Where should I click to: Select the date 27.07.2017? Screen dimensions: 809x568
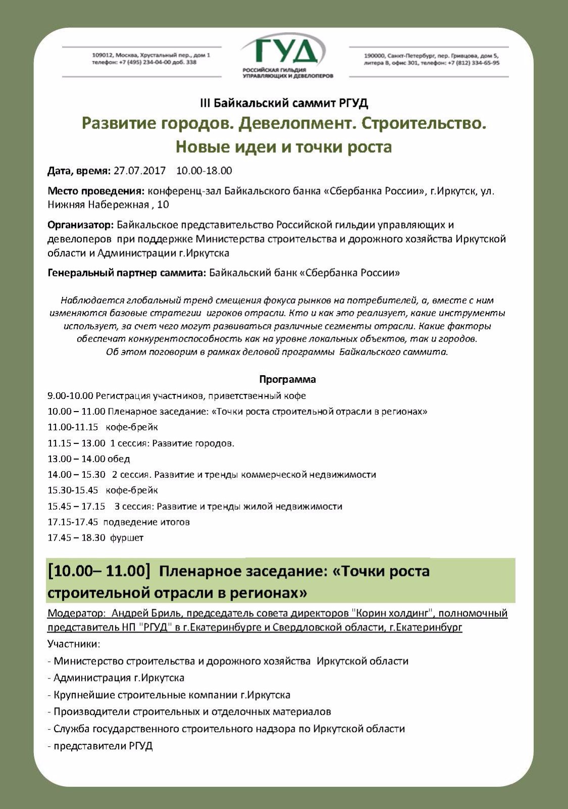139,171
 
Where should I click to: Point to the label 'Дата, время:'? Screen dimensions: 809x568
79,171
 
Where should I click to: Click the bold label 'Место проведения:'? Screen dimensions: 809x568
96,191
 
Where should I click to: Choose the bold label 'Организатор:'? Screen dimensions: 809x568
81,224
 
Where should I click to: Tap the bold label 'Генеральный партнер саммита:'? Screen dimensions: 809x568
127,273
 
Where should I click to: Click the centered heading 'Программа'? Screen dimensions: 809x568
288,379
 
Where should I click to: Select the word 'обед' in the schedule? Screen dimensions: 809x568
119,459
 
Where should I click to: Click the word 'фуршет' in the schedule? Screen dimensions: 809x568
127,538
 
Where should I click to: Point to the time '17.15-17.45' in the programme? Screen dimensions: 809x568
73,522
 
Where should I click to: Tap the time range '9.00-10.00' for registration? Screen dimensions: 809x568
70,396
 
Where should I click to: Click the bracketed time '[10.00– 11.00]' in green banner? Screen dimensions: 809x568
99,571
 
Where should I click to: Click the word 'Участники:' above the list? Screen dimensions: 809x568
74,644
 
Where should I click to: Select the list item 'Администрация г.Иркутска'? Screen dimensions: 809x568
119,678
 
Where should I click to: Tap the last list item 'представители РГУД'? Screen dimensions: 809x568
103,746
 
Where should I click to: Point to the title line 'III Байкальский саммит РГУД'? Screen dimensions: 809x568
284,104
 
